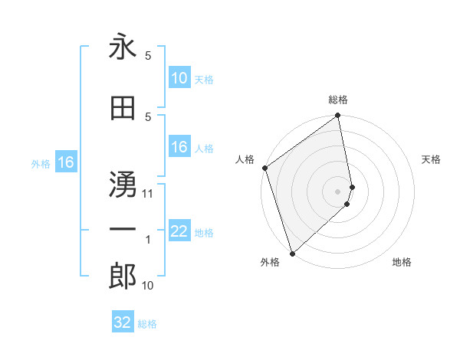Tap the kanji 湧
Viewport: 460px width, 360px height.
tap(123, 182)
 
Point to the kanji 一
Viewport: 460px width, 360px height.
tap(123, 229)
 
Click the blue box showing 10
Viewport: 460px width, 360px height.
tap(179, 78)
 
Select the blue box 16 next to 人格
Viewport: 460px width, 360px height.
tap(179, 148)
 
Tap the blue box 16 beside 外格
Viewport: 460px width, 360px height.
tap(65, 162)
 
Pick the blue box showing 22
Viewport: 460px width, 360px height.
tap(179, 232)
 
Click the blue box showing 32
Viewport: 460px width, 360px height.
tap(123, 322)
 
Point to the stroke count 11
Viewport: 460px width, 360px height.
tap(148, 194)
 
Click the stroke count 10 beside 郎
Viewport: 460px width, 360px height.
tap(148, 286)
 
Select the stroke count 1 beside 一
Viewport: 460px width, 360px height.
tap(148, 241)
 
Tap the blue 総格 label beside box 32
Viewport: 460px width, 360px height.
tap(147, 324)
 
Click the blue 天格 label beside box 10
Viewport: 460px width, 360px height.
tap(204, 80)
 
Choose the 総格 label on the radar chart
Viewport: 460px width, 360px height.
tap(338, 100)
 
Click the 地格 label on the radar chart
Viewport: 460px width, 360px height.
tap(402, 262)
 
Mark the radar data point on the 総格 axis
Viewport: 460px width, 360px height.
tap(338, 116)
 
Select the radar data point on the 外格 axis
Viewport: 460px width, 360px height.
tap(292, 253)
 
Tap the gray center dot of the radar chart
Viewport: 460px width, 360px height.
tap(338, 191)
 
